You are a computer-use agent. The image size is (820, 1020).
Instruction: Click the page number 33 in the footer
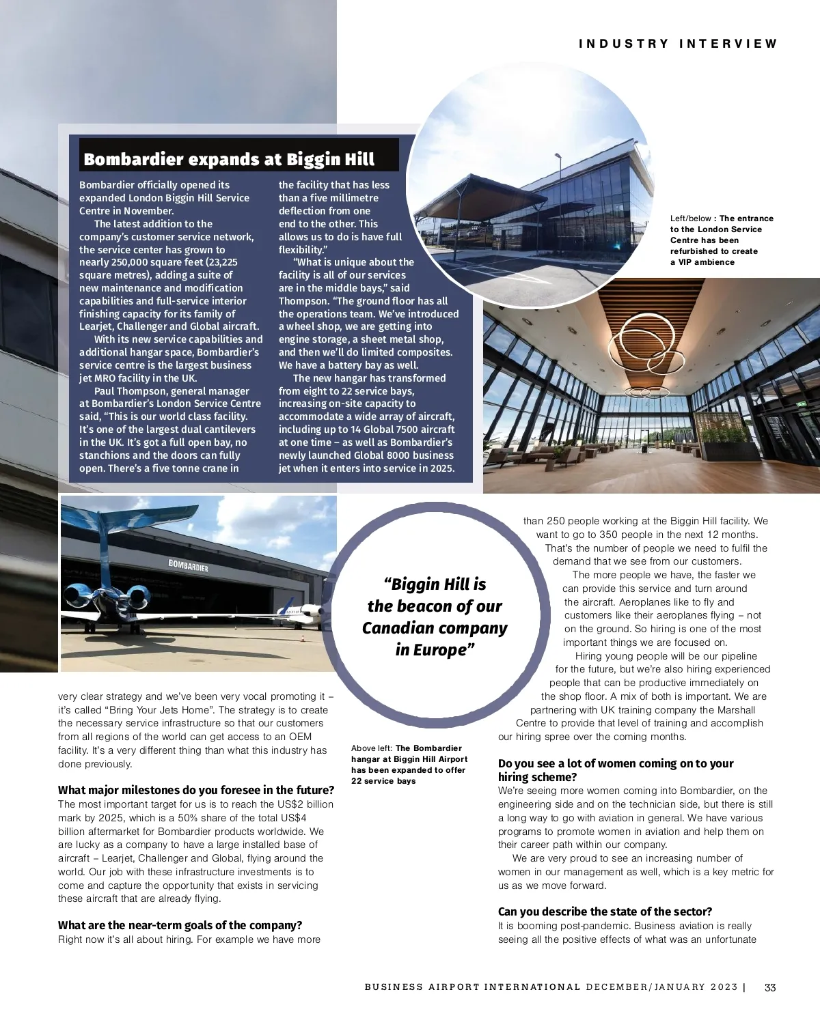coord(770,987)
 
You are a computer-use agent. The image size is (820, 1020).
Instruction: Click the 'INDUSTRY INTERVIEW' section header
coord(678,44)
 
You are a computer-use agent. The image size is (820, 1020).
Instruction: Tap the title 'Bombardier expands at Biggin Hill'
coord(229,160)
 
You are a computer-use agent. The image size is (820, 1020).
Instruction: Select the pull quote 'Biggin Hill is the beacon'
coord(435,617)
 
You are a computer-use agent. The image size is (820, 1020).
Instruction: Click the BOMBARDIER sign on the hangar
coord(188,565)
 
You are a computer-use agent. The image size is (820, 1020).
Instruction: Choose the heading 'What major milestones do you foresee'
coord(196,790)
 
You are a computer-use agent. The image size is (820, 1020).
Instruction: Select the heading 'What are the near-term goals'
coord(180,925)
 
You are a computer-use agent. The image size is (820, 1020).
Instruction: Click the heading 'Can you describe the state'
coord(605,911)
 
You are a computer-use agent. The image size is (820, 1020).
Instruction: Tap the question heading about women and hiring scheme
coord(615,770)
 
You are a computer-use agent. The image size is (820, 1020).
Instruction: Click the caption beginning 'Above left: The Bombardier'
coord(409,764)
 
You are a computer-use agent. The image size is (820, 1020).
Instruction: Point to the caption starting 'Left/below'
coord(722,240)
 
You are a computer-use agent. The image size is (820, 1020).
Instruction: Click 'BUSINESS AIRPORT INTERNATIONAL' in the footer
coord(472,987)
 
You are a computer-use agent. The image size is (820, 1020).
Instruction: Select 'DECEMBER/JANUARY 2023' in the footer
coord(661,987)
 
